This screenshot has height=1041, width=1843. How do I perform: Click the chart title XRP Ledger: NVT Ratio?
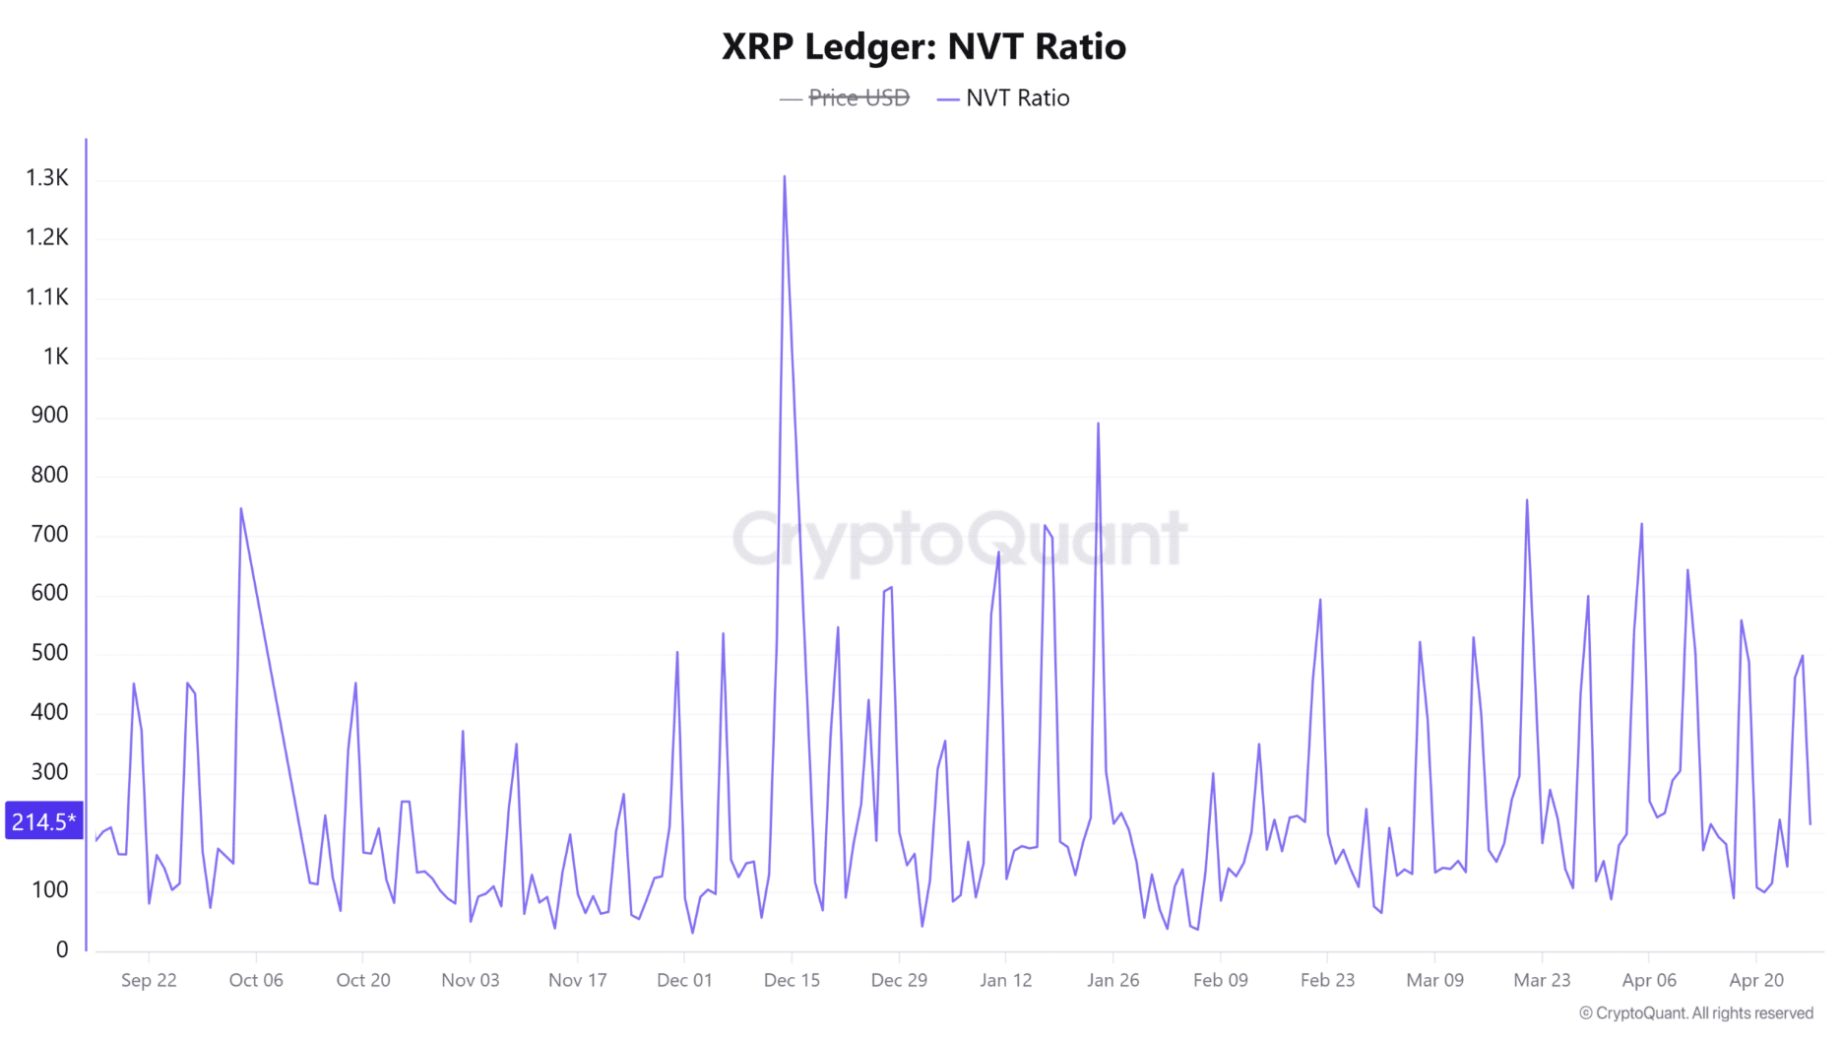click(922, 46)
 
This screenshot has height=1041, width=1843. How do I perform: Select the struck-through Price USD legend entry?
click(858, 98)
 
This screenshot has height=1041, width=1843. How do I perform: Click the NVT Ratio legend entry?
click(1016, 98)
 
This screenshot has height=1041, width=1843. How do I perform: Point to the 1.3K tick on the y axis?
click(47, 178)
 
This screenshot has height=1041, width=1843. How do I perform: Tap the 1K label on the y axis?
click(56, 357)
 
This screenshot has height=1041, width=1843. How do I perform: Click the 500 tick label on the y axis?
click(49, 653)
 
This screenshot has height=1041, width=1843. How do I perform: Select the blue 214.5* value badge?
click(43, 821)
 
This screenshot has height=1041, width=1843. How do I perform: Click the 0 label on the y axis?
click(62, 949)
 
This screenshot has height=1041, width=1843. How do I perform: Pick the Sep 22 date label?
click(149, 980)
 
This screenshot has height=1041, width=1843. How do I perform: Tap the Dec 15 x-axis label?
click(792, 980)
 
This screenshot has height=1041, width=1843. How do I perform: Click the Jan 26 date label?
click(1112, 980)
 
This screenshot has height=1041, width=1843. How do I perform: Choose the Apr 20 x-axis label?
click(1755, 980)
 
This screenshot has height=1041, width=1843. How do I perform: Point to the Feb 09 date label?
click(1220, 980)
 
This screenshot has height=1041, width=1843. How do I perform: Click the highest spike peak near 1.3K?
click(785, 177)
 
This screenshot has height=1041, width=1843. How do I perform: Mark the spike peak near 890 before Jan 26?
click(1098, 424)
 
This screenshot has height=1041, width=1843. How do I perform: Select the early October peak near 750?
click(241, 509)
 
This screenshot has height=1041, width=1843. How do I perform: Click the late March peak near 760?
click(1527, 500)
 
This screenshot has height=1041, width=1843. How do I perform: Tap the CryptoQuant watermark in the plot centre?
click(960, 539)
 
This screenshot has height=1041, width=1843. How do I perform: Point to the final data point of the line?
click(1810, 823)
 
